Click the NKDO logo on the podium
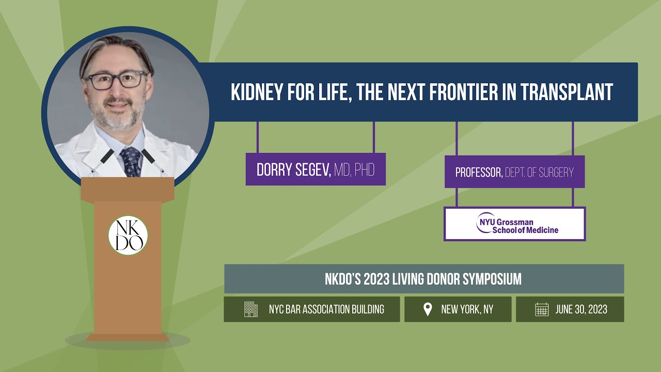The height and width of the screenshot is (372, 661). (128, 236)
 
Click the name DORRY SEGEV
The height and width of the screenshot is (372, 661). (293, 169)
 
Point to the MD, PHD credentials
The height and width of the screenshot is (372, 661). (354, 169)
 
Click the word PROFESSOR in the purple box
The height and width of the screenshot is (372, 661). (478, 173)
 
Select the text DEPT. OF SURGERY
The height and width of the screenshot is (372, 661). (540, 173)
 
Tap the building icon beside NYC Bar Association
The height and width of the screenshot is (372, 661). (251, 309)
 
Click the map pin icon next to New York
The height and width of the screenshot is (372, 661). (427, 309)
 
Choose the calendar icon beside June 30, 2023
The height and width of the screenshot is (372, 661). (542, 309)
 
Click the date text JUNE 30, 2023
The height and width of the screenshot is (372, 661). (581, 309)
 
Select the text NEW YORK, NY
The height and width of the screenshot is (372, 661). (467, 309)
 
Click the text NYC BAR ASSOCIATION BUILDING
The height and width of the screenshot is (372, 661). (326, 309)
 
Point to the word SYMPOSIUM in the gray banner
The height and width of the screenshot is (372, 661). (492, 279)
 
